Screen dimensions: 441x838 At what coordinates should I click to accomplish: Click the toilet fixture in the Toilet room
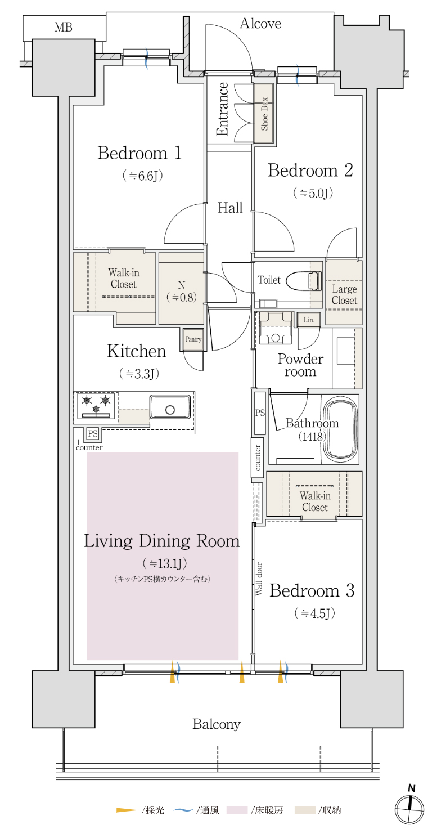click(x=304, y=281)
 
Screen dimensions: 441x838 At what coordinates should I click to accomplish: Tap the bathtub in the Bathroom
click(x=341, y=429)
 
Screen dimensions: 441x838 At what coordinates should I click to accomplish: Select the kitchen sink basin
click(x=170, y=407)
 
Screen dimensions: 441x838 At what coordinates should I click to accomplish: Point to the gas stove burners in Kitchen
click(x=96, y=405)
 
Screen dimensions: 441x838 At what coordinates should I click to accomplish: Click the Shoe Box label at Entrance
click(x=264, y=114)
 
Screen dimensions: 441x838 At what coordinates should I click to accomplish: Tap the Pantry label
click(x=193, y=339)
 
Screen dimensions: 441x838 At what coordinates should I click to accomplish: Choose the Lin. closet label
click(x=309, y=320)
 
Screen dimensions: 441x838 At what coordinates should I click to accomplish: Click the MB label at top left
click(x=63, y=28)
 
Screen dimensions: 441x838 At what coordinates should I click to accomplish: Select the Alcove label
click(x=260, y=24)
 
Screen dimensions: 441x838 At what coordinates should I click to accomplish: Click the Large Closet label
click(x=344, y=295)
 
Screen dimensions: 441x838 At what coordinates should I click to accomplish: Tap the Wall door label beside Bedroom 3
click(x=259, y=579)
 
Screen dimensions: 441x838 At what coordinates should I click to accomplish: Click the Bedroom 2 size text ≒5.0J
click(x=313, y=193)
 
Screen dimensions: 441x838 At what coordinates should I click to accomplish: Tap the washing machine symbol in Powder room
click(x=276, y=328)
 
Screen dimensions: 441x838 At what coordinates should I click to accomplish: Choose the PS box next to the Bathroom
click(x=260, y=413)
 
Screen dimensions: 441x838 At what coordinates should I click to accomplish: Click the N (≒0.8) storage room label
click(x=182, y=291)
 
